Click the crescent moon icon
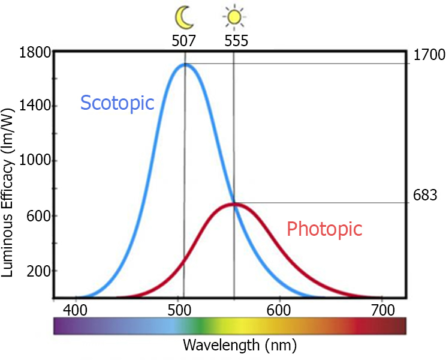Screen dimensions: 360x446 [x=183, y=17]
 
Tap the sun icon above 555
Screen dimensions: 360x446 [x=233, y=17]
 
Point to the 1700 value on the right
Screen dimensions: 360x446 [x=429, y=56]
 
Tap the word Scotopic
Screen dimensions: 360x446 [x=117, y=103]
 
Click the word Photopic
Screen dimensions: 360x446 [x=324, y=229]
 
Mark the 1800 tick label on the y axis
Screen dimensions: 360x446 [x=35, y=52]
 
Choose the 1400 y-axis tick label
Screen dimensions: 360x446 [x=35, y=107]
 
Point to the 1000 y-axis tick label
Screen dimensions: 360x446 [x=35, y=161]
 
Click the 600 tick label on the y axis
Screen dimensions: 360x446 [x=38, y=216]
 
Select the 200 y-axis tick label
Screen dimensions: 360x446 [x=38, y=271]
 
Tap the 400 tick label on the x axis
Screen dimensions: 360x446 [x=77, y=311]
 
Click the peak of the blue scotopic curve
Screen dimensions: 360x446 [x=185, y=64]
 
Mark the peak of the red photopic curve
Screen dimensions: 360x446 [x=234, y=204]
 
